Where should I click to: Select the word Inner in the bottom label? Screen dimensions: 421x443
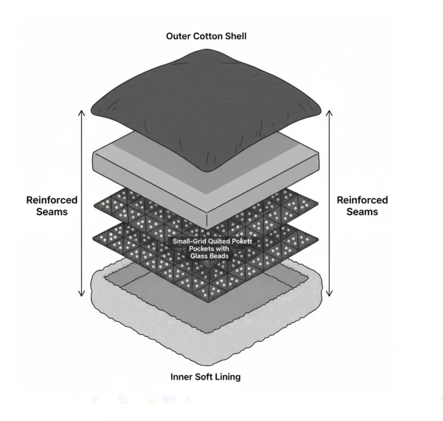coord(183,377)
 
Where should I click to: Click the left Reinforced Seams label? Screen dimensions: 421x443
coord(52,206)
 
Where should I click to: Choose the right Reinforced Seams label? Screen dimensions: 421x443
coord(362,206)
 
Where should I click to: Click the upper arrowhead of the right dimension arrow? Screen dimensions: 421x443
coord(330,111)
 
